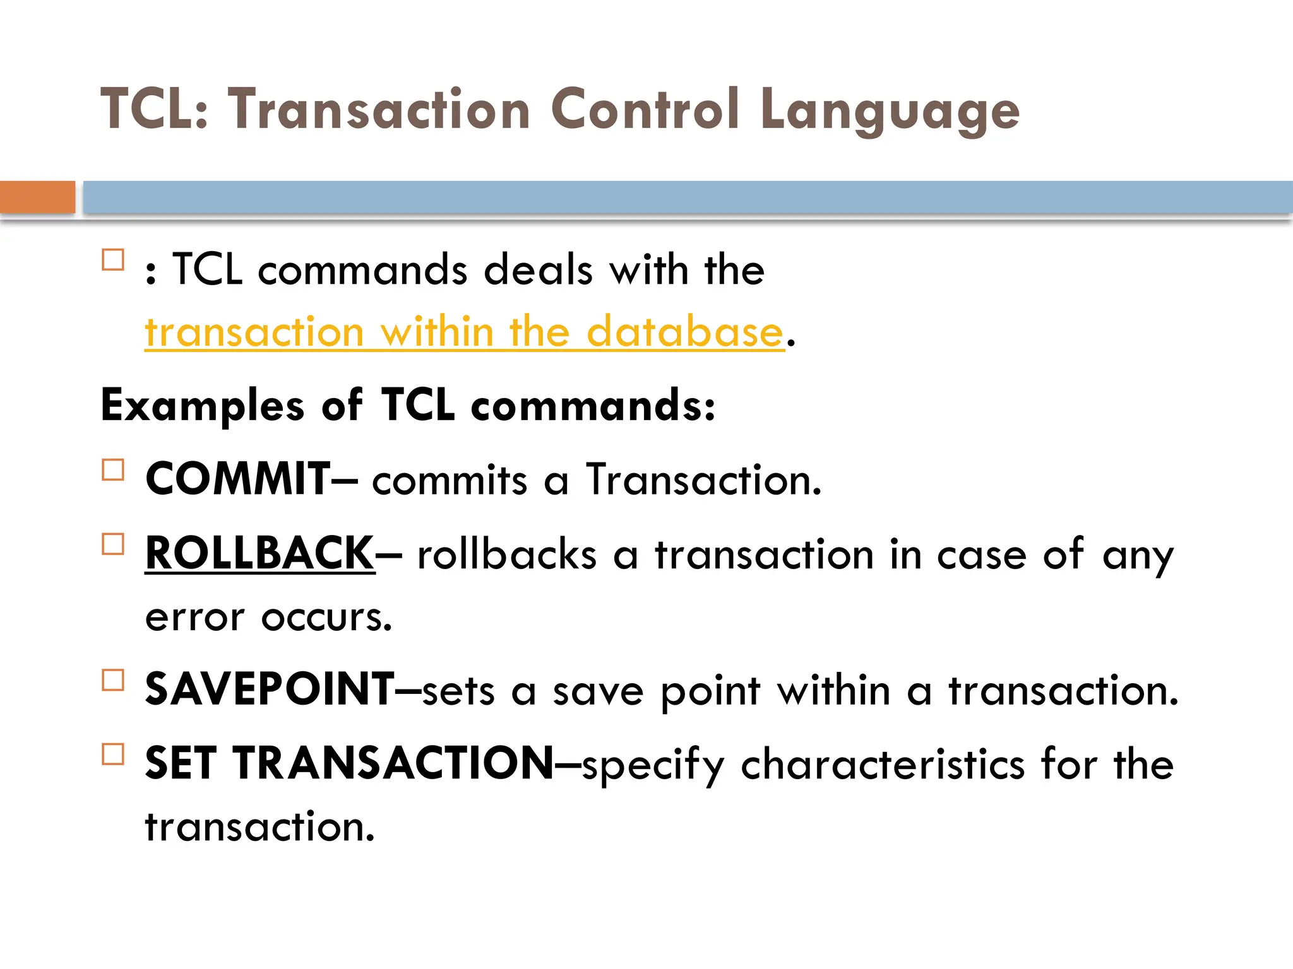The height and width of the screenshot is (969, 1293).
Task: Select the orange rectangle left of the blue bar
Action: pos(37,197)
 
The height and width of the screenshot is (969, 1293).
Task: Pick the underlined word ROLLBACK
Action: pos(259,553)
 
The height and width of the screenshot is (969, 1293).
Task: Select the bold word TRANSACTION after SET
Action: pos(393,763)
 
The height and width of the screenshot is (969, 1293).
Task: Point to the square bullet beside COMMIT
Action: pos(113,470)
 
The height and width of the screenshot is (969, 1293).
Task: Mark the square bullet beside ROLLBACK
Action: pos(113,544)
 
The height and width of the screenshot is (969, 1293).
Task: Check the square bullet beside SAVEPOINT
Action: pos(113,680)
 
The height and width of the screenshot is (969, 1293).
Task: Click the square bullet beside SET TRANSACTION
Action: pos(113,754)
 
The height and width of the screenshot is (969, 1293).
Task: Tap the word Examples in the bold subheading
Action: pos(203,406)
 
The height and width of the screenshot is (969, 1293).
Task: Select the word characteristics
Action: pos(883,764)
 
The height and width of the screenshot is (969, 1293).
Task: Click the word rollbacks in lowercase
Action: pos(507,555)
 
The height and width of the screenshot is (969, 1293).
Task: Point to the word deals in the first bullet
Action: pos(538,270)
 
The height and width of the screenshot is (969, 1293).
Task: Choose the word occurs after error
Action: pos(326,617)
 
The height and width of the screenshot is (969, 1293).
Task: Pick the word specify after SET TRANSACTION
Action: pos(653,765)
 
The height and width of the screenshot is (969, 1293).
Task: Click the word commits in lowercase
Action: pos(450,480)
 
